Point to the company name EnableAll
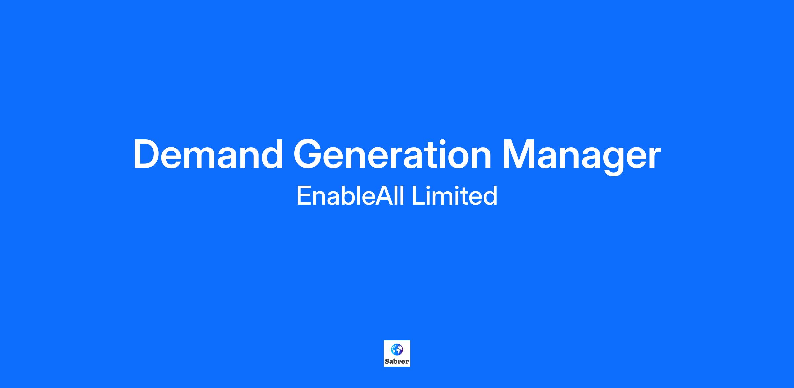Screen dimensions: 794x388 [350, 195]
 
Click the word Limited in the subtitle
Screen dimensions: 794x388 [454, 195]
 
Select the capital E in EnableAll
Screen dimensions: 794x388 [304, 196]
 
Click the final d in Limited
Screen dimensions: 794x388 [490, 196]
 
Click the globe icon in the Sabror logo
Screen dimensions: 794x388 [397, 349]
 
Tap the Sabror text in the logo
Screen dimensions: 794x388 [397, 361]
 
